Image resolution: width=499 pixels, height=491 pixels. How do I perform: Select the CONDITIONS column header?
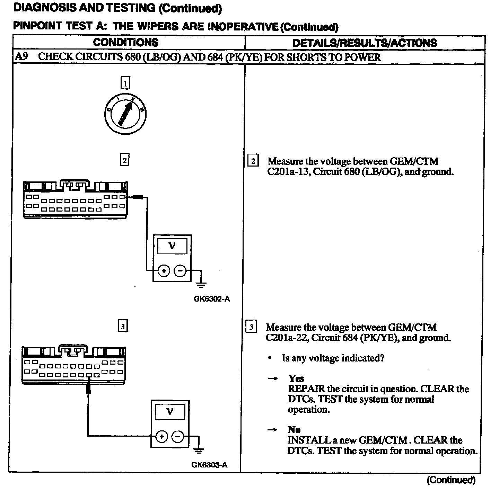tap(126, 43)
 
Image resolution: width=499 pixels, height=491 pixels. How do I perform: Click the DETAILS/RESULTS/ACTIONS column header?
tap(365, 43)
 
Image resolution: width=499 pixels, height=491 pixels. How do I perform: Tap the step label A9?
tap(21, 57)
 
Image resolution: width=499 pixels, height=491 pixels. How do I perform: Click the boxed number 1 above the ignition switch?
tap(125, 83)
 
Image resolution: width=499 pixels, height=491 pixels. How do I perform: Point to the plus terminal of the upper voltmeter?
tap(164, 271)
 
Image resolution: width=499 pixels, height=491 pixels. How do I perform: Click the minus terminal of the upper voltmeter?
tap(180, 271)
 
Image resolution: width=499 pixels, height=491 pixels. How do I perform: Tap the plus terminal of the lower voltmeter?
tap(161, 436)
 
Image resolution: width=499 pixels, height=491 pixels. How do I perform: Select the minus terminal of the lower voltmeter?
tap(178, 436)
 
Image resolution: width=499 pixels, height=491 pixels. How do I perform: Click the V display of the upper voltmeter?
tap(172, 246)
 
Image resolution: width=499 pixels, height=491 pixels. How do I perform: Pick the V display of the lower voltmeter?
tap(170, 412)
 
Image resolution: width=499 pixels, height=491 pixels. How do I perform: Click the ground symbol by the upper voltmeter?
tap(201, 284)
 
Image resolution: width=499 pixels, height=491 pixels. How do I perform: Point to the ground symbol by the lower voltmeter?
tap(199, 450)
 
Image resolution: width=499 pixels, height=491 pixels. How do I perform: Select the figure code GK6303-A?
tap(210, 465)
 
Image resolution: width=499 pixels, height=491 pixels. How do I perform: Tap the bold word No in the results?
tap(294, 430)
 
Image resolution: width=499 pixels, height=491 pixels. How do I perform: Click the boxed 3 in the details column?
tap(251, 327)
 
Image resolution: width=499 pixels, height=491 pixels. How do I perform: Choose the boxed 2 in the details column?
tap(253, 161)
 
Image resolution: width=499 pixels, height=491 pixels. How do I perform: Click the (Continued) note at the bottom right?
tap(451, 480)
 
